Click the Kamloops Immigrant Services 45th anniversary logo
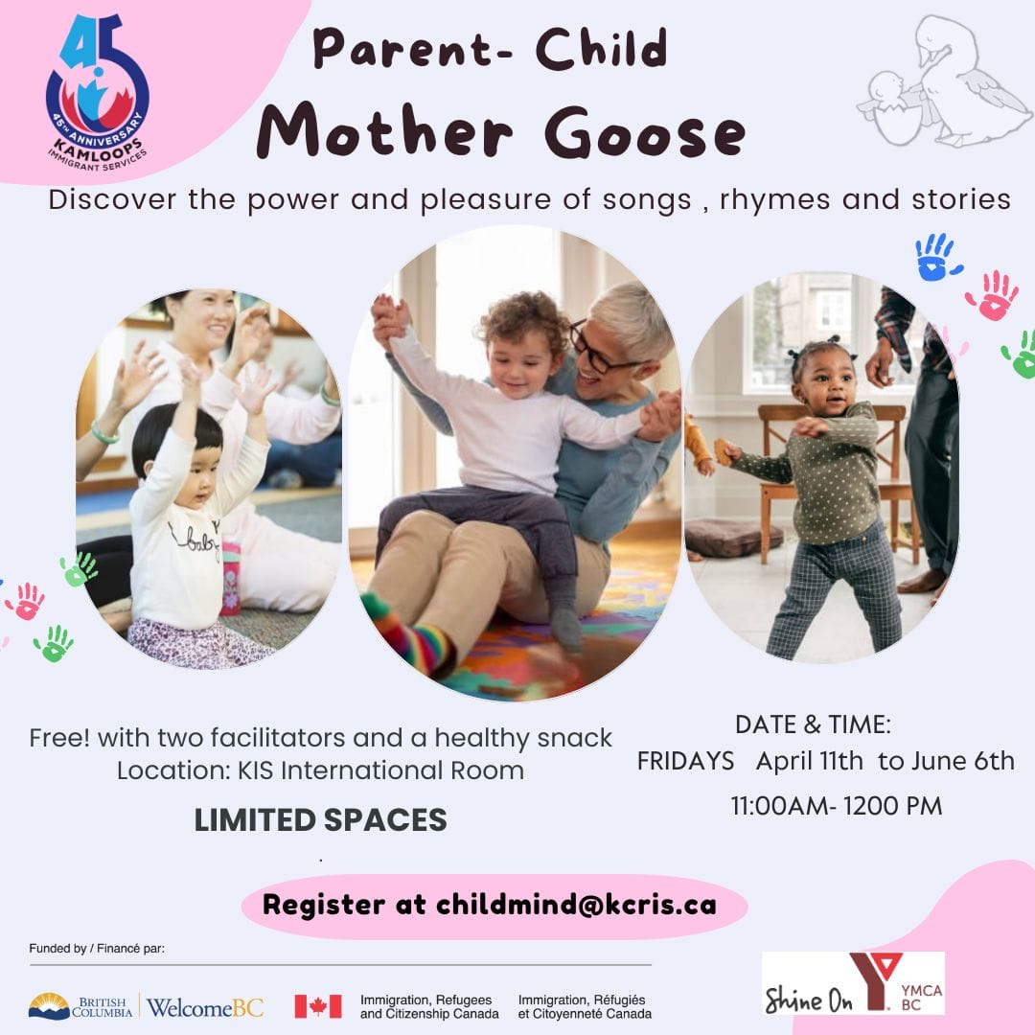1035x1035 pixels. tap(98, 92)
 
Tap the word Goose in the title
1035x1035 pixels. tap(645, 132)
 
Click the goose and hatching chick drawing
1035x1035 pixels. tap(944, 81)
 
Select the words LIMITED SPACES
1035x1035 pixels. tap(320, 819)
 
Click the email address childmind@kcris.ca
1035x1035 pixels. tap(576, 905)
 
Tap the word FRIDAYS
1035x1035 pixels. tap(685, 761)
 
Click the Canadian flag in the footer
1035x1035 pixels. tap(317, 1006)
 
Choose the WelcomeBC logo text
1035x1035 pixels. tap(205, 1007)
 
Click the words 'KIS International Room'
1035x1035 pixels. tap(380, 770)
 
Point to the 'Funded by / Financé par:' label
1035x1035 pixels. tap(97, 949)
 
